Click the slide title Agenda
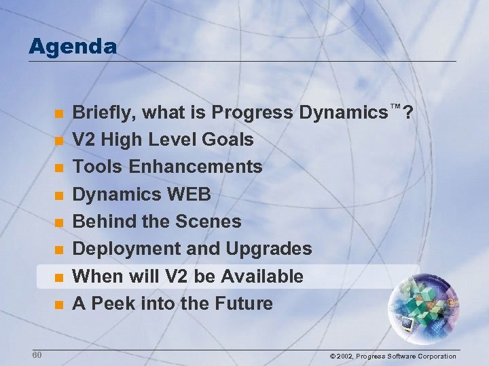[x=73, y=46]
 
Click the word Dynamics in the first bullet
[x=344, y=112]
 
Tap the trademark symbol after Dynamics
[x=395, y=107]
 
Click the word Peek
[x=112, y=304]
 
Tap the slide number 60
[x=37, y=355]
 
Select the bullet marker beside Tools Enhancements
[x=60, y=167]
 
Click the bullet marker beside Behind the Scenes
[x=60, y=222]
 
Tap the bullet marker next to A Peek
[x=60, y=304]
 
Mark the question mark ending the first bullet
[x=407, y=112]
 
